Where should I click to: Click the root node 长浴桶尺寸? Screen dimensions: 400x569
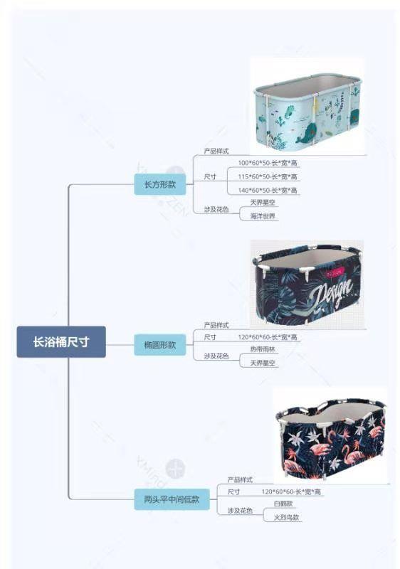(x=61, y=341)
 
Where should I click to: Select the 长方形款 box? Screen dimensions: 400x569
(x=159, y=184)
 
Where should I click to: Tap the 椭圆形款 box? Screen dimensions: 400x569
(x=159, y=345)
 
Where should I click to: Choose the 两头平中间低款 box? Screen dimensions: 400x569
(x=172, y=499)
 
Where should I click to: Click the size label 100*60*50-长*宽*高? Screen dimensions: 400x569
(x=268, y=163)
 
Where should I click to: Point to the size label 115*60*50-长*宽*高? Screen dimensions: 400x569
(x=268, y=176)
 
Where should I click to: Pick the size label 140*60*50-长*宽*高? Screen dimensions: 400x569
(x=268, y=190)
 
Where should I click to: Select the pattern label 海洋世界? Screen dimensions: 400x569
(x=263, y=216)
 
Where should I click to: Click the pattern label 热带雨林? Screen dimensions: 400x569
(x=263, y=349)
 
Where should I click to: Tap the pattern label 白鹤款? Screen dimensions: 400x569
(x=283, y=504)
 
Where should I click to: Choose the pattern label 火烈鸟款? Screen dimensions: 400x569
(x=286, y=518)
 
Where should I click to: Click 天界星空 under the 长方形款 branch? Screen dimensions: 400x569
(x=263, y=203)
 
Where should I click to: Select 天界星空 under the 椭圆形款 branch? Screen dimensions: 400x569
(x=263, y=363)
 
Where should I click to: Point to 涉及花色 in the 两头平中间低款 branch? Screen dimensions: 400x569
(x=240, y=511)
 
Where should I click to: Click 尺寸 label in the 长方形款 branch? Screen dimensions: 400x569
(x=210, y=176)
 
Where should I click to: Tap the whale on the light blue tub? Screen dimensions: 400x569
(x=307, y=132)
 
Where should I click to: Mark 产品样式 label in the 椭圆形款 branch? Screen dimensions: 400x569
(x=216, y=325)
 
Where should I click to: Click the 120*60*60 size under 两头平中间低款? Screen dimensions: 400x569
(x=291, y=492)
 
